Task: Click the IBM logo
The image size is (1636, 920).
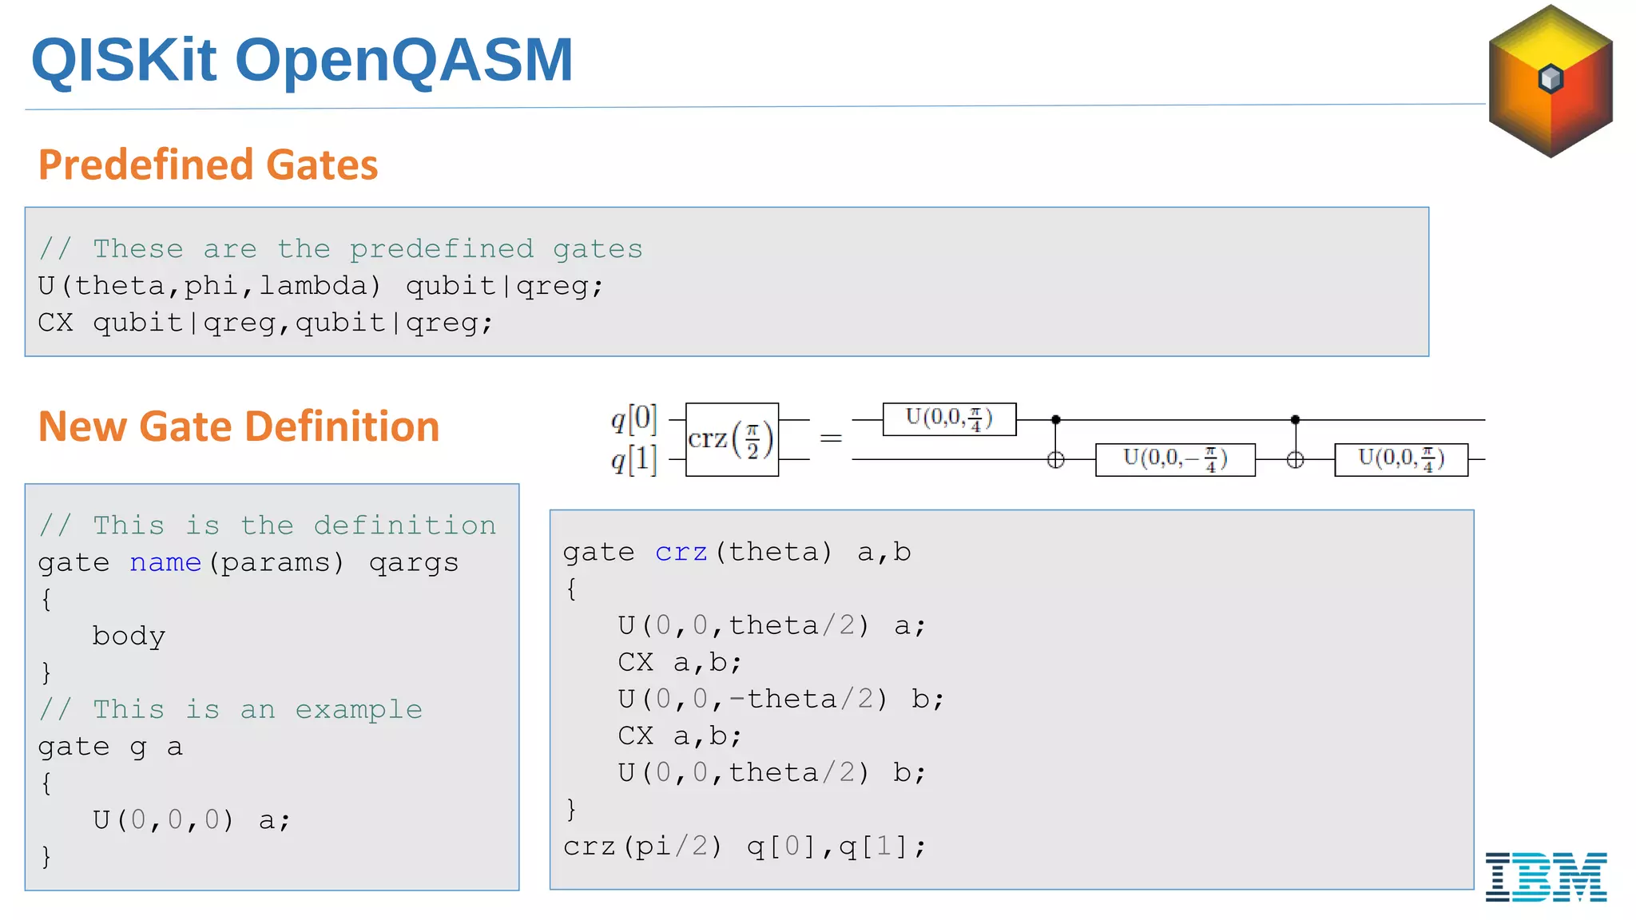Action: coord(1546,877)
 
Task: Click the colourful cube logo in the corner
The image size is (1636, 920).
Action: coord(1551,81)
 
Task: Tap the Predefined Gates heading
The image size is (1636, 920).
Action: coord(208,165)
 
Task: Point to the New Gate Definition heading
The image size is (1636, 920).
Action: coord(239,426)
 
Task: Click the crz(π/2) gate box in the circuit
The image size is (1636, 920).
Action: coord(732,440)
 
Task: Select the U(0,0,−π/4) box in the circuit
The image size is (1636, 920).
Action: coord(1175,460)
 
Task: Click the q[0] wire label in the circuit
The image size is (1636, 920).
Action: coord(634,418)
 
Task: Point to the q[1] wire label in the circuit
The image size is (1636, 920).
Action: coord(634,460)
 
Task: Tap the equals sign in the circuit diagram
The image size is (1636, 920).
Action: coord(831,438)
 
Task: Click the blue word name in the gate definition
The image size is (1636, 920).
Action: coord(165,563)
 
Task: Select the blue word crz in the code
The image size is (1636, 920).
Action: coord(681,553)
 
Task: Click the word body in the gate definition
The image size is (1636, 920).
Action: coord(129,636)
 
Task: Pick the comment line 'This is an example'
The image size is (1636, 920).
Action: coord(231,709)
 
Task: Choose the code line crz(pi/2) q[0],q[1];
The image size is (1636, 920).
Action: coord(745,847)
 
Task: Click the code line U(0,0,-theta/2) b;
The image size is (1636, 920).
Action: coord(780,700)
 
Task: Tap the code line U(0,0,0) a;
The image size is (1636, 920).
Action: coord(192,820)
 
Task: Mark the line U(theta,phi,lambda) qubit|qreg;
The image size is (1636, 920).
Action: coord(321,286)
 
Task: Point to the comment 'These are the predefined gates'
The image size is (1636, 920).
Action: coord(341,249)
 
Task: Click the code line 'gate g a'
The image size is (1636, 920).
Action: coord(110,747)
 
